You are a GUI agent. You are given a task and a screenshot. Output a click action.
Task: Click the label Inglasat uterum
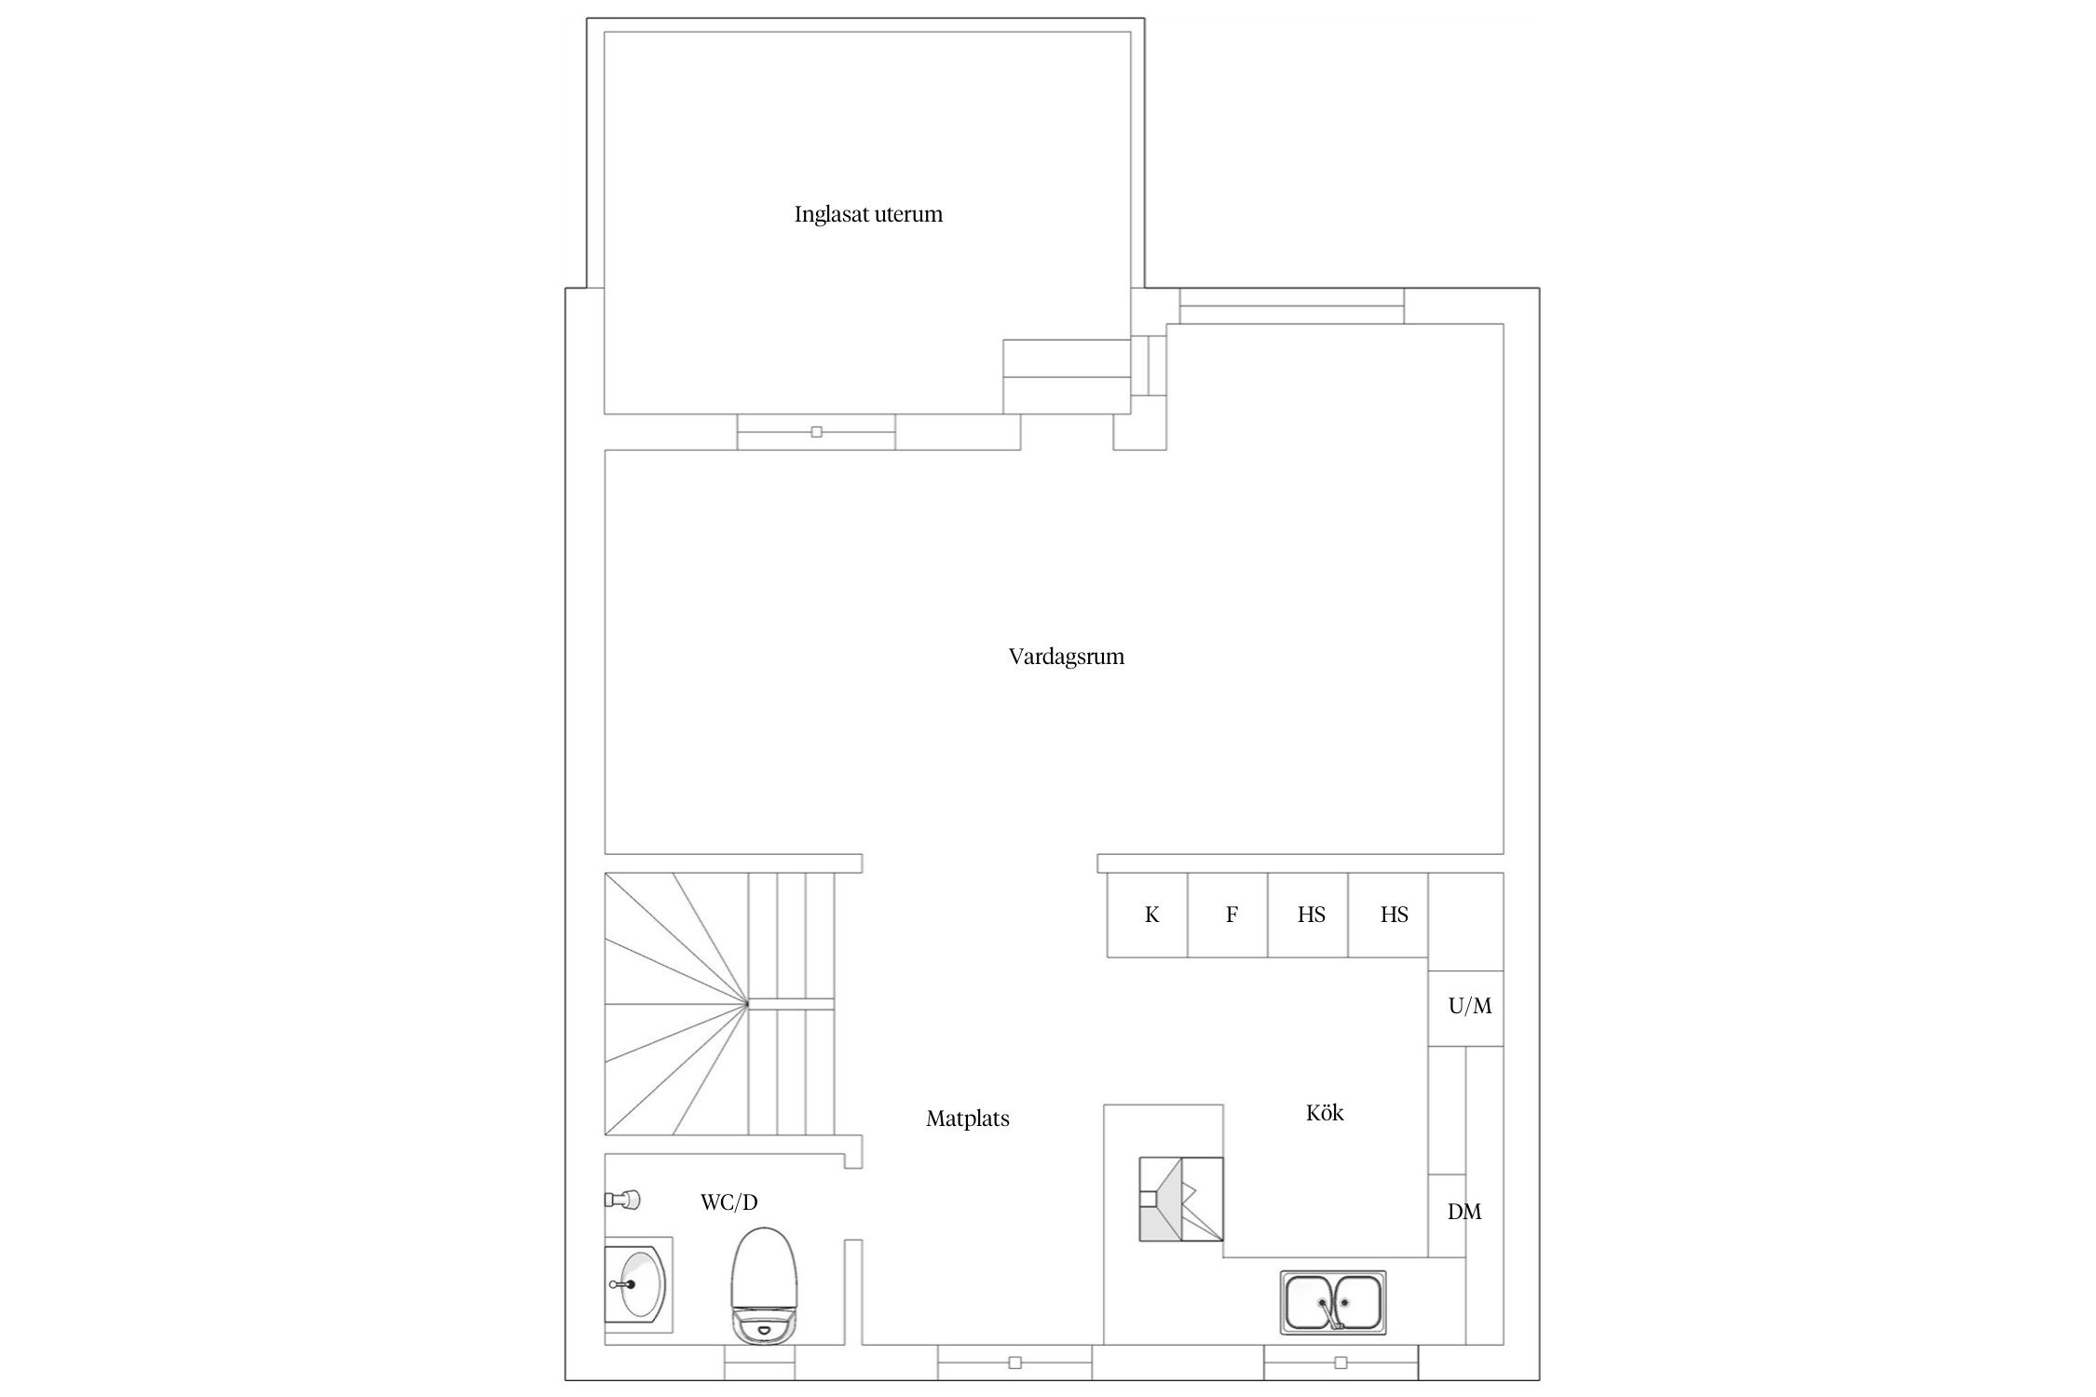(868, 214)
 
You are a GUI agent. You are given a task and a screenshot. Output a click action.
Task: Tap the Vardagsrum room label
(1067, 657)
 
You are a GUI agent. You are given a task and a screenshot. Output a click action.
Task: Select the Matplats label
(968, 1119)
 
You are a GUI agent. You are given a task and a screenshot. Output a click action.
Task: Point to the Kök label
(1325, 1113)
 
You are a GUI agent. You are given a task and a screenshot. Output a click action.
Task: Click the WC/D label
(729, 1202)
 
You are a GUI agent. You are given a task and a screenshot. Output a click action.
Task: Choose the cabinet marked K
(1147, 915)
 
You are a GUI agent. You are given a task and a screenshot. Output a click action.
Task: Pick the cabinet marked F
(1228, 915)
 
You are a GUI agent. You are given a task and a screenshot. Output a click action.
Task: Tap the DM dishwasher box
(1448, 1215)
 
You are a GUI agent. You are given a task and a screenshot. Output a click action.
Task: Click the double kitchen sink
(1333, 1302)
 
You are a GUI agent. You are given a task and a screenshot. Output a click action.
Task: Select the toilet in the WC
(765, 1286)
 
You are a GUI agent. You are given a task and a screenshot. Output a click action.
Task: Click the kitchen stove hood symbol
(1181, 1199)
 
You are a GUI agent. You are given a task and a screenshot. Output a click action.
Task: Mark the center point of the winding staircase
(747, 1004)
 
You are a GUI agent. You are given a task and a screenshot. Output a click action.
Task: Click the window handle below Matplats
(1015, 1363)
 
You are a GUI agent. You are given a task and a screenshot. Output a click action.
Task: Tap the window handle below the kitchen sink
(1341, 1363)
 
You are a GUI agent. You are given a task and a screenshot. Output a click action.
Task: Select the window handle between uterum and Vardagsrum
(817, 432)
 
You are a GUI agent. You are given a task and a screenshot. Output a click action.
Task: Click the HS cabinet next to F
(1308, 915)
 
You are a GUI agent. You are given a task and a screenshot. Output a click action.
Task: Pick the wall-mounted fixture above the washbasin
(621, 1199)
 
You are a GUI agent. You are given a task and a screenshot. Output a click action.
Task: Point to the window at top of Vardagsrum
(1292, 305)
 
